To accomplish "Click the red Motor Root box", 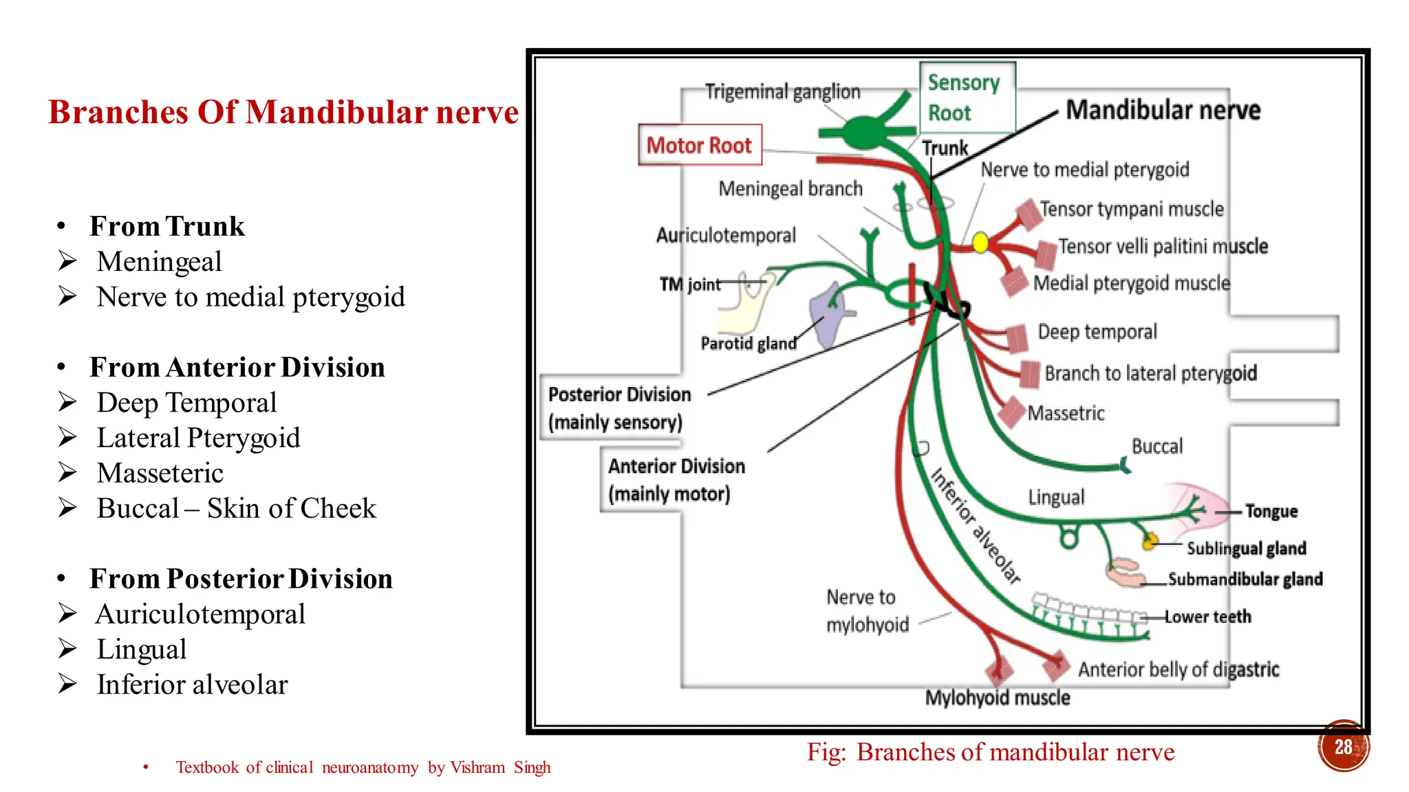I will click(699, 145).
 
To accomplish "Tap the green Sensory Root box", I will click(967, 98).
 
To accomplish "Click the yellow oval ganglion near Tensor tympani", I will click(980, 243).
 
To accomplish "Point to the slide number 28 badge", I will click(1343, 747).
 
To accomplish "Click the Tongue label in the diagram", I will click(1271, 511).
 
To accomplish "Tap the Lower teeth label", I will click(1207, 617).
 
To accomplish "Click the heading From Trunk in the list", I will click(166, 226).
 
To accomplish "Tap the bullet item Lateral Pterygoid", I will click(198, 438).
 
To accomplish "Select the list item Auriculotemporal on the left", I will click(200, 614).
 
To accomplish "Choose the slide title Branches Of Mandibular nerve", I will click(283, 112).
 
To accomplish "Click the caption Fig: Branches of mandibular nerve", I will click(990, 752).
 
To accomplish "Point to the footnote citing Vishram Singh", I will click(363, 767).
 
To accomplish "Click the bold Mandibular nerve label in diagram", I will click(1163, 110).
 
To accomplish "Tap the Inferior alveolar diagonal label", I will click(975, 526).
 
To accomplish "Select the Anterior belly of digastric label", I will click(1178, 669).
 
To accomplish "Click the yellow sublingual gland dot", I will click(1148, 542).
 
